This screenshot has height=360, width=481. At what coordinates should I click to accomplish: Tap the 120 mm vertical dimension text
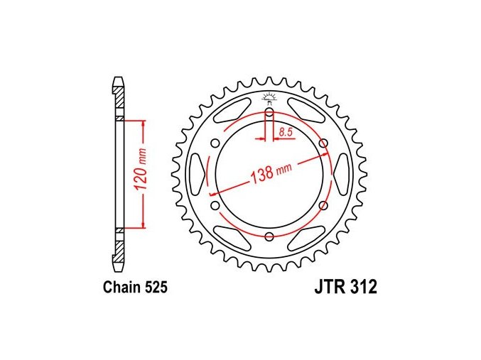click(x=141, y=173)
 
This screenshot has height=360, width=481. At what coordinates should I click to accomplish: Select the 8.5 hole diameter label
click(x=286, y=132)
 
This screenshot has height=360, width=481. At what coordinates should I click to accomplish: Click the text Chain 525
click(x=135, y=288)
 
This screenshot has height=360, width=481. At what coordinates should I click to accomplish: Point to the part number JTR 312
click(x=345, y=288)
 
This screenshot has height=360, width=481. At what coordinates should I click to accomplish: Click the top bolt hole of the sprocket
click(x=269, y=112)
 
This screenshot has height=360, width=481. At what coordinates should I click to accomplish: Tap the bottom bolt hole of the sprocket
click(x=269, y=236)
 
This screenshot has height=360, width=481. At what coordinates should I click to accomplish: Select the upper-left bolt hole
click(x=216, y=143)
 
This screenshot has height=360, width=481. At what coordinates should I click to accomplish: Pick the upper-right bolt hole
click(x=323, y=143)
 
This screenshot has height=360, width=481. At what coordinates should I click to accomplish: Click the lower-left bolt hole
click(x=216, y=205)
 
